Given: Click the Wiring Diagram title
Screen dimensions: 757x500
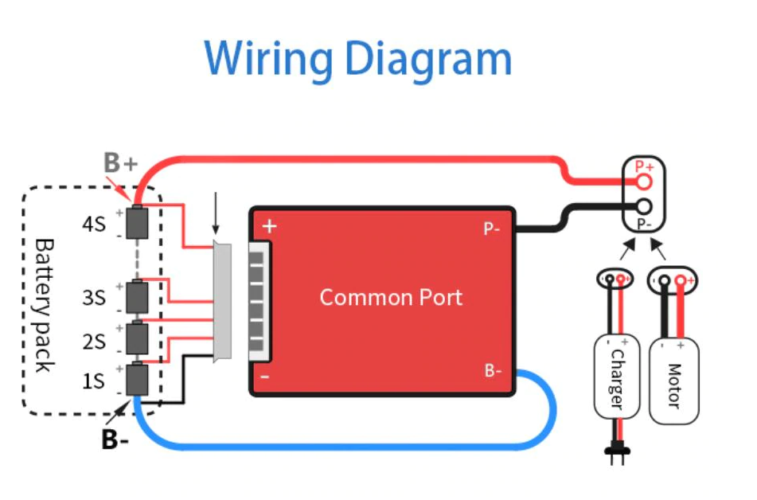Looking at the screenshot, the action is tap(357, 60).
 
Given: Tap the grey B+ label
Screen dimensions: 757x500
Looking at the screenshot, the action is tap(121, 162).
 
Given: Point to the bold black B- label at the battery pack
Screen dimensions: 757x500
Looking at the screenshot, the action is tap(115, 439).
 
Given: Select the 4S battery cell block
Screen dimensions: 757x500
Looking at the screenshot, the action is tap(137, 222).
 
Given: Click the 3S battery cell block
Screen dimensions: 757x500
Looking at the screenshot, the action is tap(137, 297).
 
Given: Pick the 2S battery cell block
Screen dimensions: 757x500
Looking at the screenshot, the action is tap(137, 338).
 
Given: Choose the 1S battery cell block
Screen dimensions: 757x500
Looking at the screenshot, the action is tap(137, 379).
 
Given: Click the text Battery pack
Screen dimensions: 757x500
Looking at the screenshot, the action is tap(44, 305).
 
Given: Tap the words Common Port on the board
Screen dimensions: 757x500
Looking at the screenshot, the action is tap(391, 297).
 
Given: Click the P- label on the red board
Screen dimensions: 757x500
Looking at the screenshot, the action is tap(491, 229).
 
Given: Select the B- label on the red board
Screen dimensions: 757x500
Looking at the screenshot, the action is tap(493, 370).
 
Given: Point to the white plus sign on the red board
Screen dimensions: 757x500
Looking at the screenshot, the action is tap(269, 226).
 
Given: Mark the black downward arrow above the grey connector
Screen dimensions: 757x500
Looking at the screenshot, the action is tap(216, 213).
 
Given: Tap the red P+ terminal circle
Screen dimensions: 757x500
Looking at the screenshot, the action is tap(643, 182).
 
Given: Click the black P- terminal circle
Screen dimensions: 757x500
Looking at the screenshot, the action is tap(643, 207).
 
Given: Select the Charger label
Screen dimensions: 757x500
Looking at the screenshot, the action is tap(617, 379).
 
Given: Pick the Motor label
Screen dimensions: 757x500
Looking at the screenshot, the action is tap(674, 385).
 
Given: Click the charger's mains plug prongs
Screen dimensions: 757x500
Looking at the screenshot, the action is tap(618, 455).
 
